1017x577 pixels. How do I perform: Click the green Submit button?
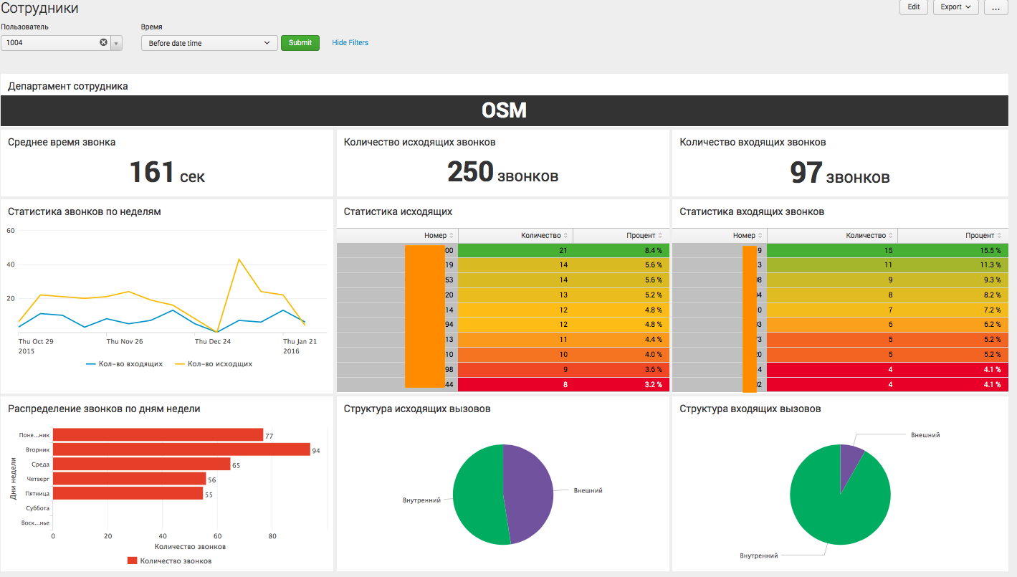[x=300, y=43]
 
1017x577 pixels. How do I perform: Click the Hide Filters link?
[x=350, y=43]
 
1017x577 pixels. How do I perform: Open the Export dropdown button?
[x=955, y=7]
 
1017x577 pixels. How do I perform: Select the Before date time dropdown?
[x=209, y=43]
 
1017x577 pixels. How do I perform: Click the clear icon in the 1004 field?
[x=103, y=43]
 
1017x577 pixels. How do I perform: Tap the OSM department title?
[x=504, y=110]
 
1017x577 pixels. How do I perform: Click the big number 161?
[x=152, y=173]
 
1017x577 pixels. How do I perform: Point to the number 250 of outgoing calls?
[x=470, y=172]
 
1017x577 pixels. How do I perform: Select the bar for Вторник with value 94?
[x=181, y=449]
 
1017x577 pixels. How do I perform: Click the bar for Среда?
[x=141, y=464]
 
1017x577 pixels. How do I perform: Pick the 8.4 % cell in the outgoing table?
[x=621, y=250]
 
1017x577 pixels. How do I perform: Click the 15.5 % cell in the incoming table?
[x=953, y=250]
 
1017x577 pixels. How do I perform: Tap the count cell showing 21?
[x=515, y=250]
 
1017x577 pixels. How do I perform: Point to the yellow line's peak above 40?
[x=238, y=259]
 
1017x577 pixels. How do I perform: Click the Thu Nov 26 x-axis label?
[x=125, y=342]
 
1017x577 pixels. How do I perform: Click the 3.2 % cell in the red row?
[x=621, y=385]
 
